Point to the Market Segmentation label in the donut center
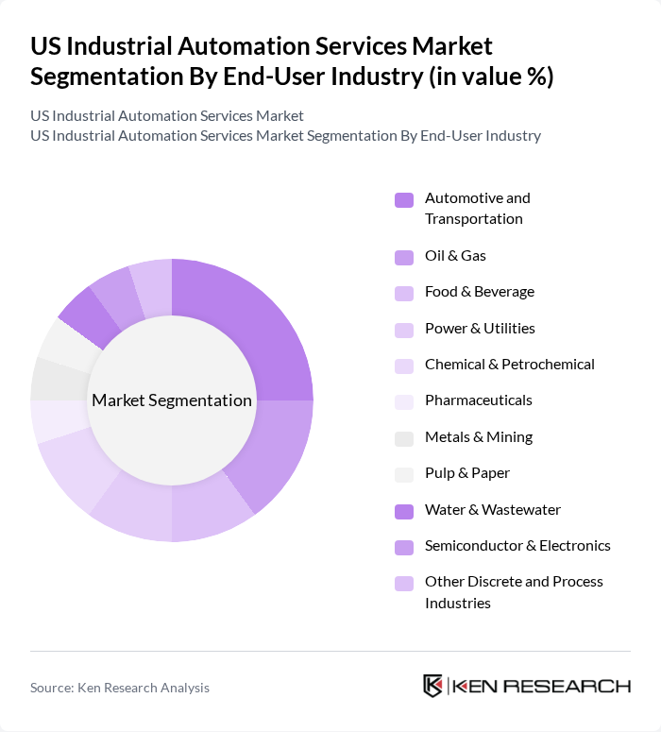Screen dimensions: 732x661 tap(172, 400)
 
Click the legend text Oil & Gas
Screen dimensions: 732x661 tap(455, 256)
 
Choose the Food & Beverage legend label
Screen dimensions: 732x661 tap(479, 292)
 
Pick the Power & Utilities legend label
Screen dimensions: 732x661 tap(480, 329)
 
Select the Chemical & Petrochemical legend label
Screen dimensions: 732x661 tap(509, 365)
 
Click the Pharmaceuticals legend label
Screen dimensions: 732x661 tap(478, 400)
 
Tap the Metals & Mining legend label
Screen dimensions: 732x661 tap(478, 437)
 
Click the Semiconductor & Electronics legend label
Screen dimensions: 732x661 tap(517, 546)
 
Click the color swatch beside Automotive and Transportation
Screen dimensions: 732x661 tap(404, 199)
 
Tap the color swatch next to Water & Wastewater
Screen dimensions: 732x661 tap(404, 511)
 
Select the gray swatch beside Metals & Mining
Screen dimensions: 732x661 tap(404, 438)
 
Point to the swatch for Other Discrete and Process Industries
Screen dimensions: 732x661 tap(404, 583)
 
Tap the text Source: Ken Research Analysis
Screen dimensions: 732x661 tap(120, 688)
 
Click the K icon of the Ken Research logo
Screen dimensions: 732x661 tap(432, 687)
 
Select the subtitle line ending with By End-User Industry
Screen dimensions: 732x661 tap(285, 135)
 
